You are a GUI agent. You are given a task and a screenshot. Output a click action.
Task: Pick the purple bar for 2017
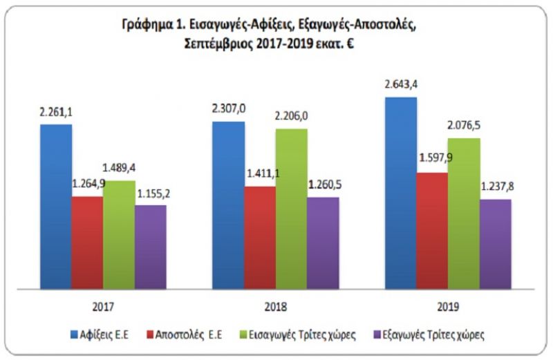(151, 246)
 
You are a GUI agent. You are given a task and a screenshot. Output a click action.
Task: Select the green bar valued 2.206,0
(292, 208)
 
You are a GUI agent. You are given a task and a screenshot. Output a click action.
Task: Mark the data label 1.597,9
(433, 158)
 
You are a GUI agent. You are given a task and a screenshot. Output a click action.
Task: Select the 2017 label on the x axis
(103, 305)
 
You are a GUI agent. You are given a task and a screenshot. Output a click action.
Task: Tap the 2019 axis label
(447, 305)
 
